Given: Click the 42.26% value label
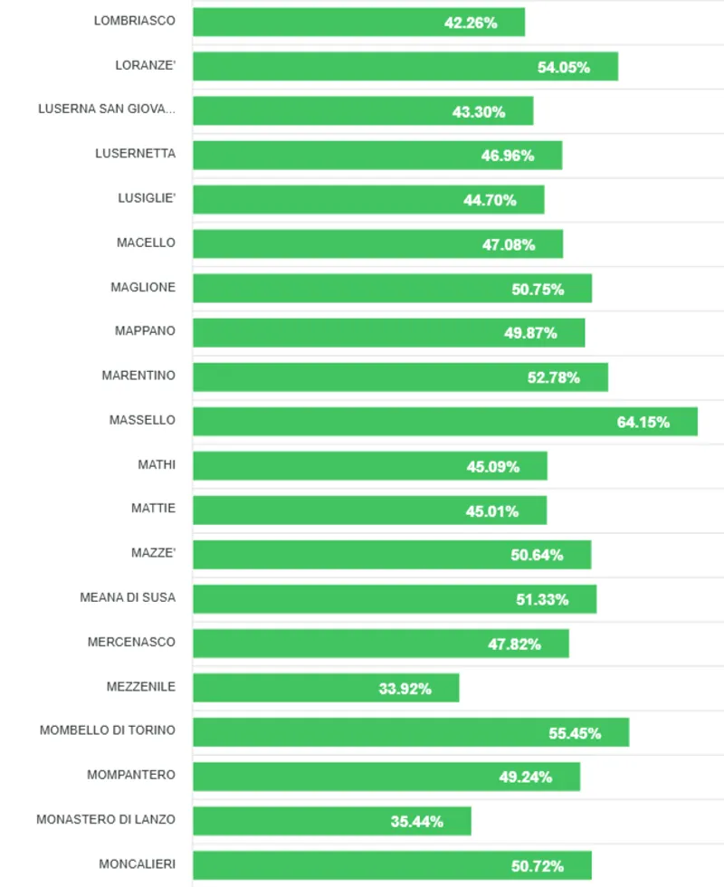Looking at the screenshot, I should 471,23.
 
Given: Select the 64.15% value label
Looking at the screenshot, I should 643,422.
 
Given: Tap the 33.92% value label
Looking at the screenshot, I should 405,689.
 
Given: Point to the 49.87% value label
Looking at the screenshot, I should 530,333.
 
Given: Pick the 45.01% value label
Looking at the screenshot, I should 492,511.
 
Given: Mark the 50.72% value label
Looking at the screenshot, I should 538,866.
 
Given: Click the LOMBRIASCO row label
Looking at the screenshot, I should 135,20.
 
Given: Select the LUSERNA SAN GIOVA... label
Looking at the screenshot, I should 107,109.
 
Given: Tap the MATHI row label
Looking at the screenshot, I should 157,464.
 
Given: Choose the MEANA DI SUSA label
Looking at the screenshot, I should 128,597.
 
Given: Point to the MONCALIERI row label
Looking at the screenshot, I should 138,863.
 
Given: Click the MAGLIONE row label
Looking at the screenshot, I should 143,287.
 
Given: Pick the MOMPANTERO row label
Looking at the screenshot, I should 131,775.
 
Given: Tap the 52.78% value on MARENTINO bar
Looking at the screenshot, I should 554,377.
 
